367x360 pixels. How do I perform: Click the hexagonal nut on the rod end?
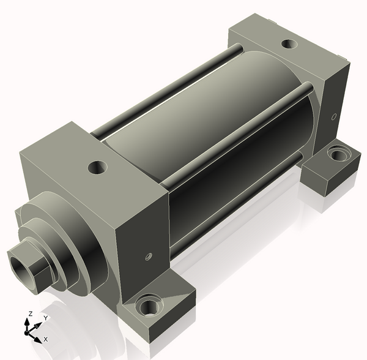click(31, 267)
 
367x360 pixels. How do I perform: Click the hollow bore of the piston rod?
click(21, 268)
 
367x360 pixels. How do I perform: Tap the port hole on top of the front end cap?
click(98, 167)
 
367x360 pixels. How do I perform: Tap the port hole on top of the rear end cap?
click(289, 43)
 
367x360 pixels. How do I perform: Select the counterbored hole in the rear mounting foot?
click(339, 154)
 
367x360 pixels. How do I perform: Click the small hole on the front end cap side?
click(149, 257)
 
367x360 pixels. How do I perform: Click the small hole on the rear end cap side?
click(334, 116)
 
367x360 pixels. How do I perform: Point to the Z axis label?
click(30, 313)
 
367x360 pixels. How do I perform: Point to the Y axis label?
click(46, 318)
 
